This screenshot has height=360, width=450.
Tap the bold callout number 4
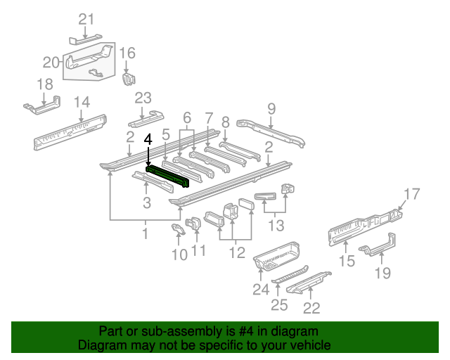tap(148, 140)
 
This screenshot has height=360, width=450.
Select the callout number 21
tap(85, 19)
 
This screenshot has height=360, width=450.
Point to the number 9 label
tap(271, 108)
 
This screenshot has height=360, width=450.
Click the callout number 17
tap(412, 193)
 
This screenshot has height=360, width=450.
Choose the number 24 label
tap(261, 289)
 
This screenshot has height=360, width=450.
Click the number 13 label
tap(276, 226)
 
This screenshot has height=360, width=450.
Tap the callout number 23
tap(143, 98)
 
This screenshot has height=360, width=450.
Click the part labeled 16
tap(128, 77)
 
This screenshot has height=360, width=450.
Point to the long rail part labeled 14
tap(70, 131)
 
